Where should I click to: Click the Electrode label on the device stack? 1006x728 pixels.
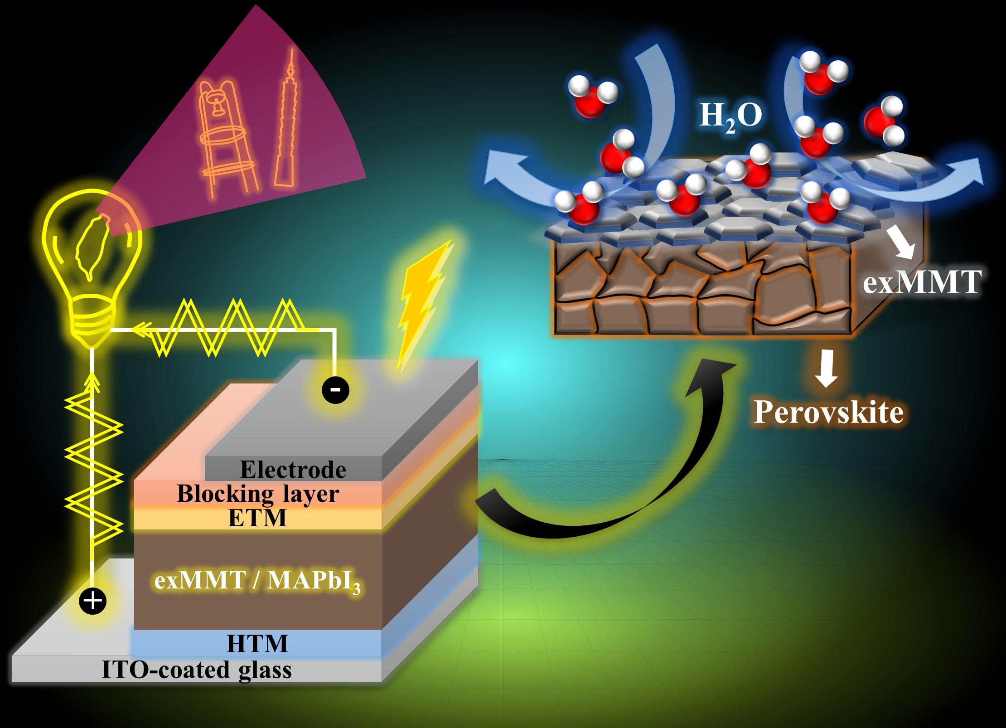pyautogui.click(x=293, y=470)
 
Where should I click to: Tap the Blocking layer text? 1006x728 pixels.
pyautogui.click(x=257, y=494)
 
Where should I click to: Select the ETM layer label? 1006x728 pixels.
pyautogui.click(x=257, y=518)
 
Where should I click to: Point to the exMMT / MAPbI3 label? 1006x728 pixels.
pyautogui.click(x=257, y=581)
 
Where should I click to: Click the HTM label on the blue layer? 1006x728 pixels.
pyautogui.click(x=257, y=644)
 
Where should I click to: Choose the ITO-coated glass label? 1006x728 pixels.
pyautogui.click(x=197, y=670)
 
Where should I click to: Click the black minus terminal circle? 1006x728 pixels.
pyautogui.click(x=335, y=389)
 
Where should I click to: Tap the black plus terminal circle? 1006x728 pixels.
pyautogui.click(x=92, y=601)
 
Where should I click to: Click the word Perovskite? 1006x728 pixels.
pyautogui.click(x=828, y=412)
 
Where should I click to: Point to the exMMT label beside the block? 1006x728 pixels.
pyautogui.click(x=922, y=282)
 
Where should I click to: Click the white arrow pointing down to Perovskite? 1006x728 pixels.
pyautogui.click(x=827, y=368)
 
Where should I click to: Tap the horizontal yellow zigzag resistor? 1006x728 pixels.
pyautogui.click(x=227, y=327)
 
